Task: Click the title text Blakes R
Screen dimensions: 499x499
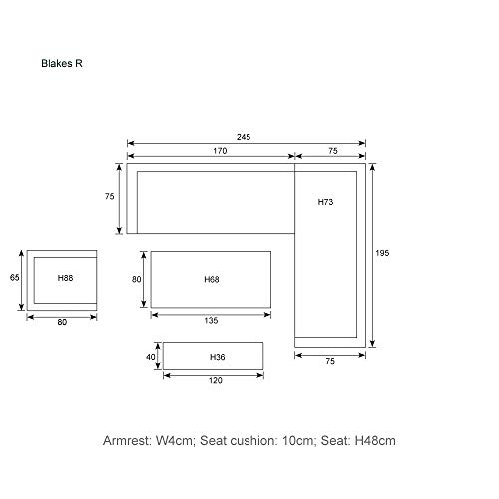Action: coord(62,63)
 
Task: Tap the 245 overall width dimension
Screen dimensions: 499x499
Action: coord(244,137)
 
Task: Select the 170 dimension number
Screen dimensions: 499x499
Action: coord(220,151)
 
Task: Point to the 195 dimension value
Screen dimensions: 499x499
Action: coord(382,253)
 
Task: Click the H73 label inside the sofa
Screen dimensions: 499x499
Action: coord(325,202)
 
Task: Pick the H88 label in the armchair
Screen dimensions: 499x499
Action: coord(65,278)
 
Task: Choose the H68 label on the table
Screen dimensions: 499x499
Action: coord(212,279)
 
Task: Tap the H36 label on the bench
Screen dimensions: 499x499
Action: coord(217,357)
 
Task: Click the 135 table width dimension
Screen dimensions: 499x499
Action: coord(211,321)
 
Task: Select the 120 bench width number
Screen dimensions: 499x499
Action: coord(216,380)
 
